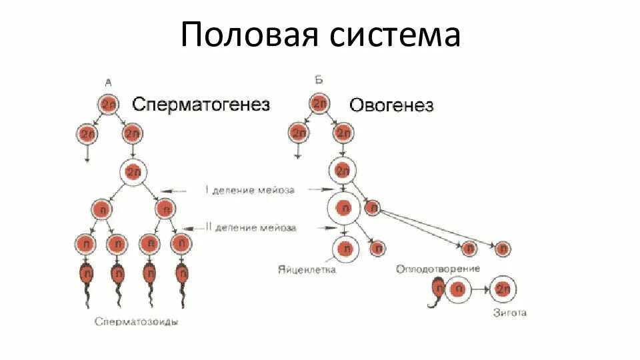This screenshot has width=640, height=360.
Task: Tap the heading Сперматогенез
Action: coord(201,105)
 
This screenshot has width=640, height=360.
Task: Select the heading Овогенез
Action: coord(391,105)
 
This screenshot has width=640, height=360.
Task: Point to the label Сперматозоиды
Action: coord(137,321)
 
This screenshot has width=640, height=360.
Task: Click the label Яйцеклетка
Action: coord(307,270)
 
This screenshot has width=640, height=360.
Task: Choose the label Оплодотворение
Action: coord(438,269)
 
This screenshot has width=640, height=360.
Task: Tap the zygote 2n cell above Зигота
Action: coord(503,290)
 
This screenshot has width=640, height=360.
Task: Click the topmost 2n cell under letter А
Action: coord(109,104)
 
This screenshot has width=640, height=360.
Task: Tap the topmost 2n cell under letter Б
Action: coord(319,103)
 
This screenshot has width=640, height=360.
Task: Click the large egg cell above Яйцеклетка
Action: coord(345,249)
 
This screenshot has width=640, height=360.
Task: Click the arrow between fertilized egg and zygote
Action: coord(479,291)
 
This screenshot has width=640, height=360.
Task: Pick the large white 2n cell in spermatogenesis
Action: coord(134,173)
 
